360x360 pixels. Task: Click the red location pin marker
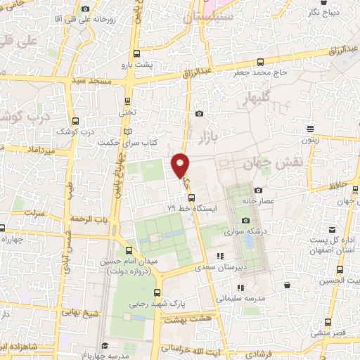point(180,165)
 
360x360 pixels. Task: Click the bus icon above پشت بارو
point(136,52)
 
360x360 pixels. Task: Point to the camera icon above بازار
point(200,114)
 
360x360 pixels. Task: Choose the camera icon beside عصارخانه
point(258,190)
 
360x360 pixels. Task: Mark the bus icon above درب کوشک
point(76,121)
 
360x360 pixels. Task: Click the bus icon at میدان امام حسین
point(128,250)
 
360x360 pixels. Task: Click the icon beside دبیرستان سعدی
point(220,257)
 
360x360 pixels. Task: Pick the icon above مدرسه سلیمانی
point(240,288)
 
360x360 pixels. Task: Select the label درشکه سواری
point(237,230)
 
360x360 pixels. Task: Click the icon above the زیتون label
point(311,127)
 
